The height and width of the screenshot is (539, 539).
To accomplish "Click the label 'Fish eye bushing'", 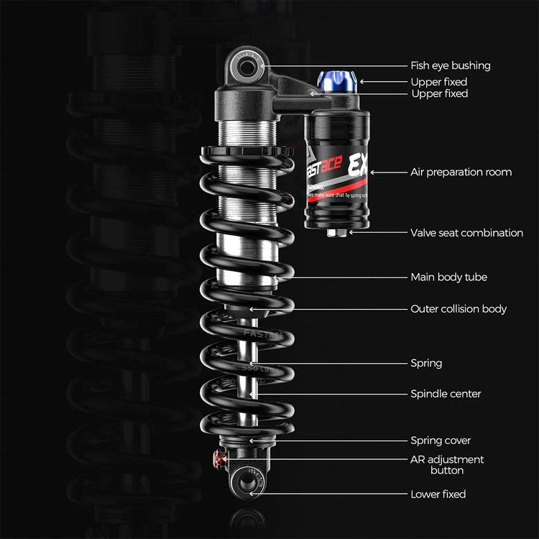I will click(x=450, y=65).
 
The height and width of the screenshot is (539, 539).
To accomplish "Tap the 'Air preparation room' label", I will click(x=461, y=172).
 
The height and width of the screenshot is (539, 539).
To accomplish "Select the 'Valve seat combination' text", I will click(x=466, y=233).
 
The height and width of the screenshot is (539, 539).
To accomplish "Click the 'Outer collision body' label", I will click(x=459, y=309).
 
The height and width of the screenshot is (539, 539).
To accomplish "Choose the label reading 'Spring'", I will click(x=426, y=364).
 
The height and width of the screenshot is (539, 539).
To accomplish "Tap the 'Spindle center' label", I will click(x=446, y=394).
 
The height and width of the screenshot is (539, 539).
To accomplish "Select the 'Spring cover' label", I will click(x=441, y=441).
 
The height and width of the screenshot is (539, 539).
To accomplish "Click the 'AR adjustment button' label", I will click(x=447, y=465).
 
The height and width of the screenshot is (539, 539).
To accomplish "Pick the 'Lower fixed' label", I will click(x=438, y=494).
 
